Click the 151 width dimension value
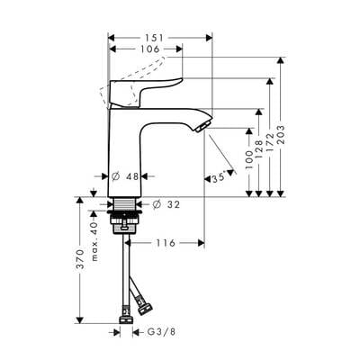[154, 38]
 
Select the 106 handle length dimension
[150, 49]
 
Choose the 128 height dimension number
[259, 149]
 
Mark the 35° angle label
[218, 178]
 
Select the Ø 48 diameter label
[125, 176]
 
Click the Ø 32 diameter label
[166, 204]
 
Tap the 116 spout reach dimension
[166, 243]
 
